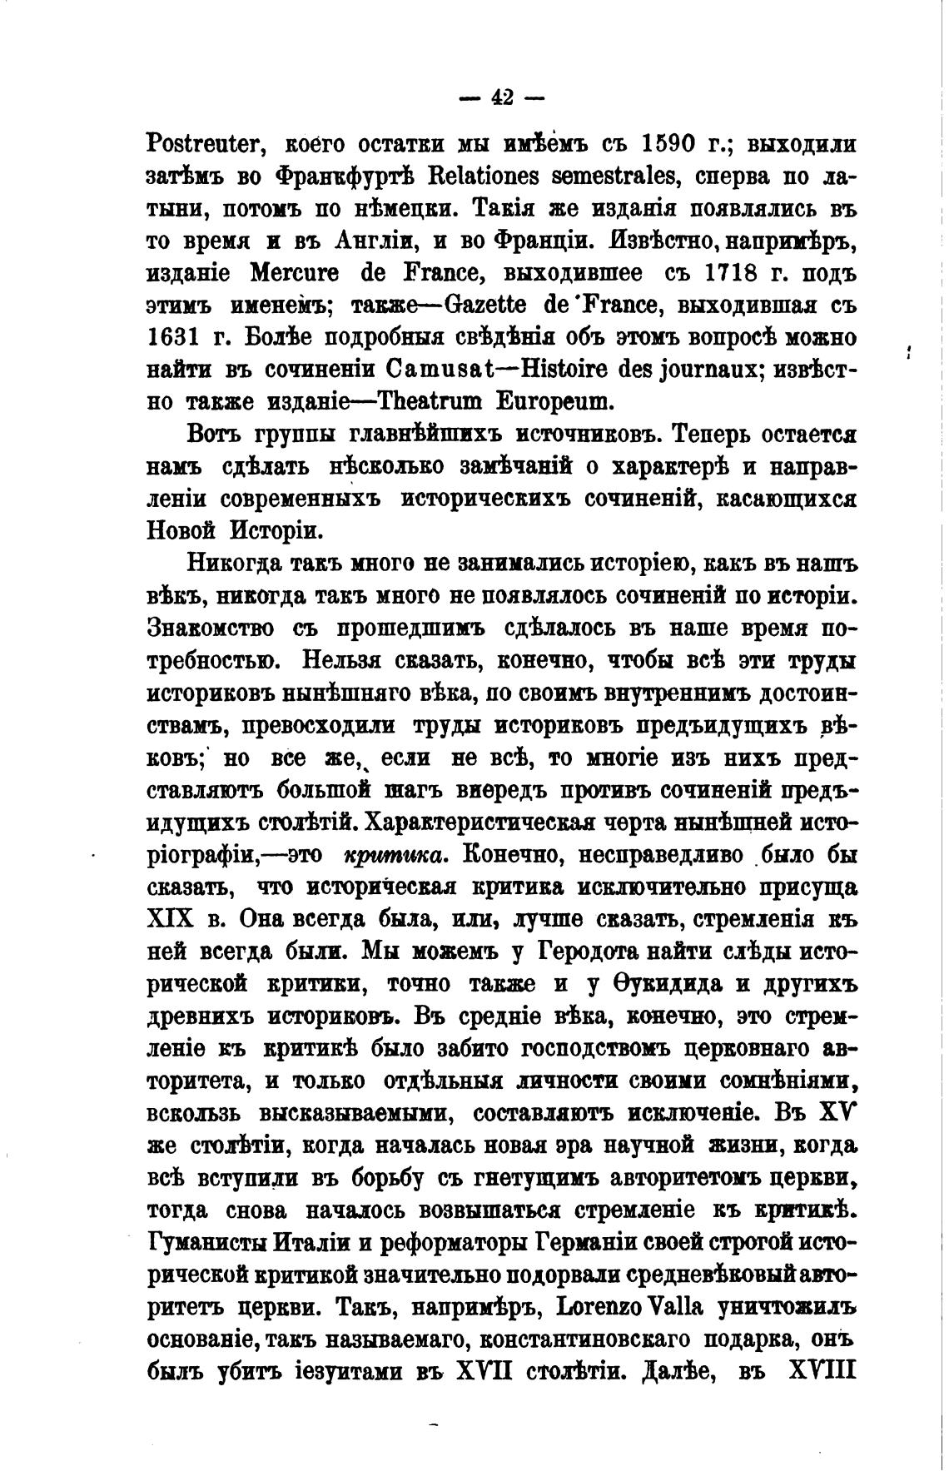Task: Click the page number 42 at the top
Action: tap(502, 97)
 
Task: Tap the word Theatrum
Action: tap(435, 403)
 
